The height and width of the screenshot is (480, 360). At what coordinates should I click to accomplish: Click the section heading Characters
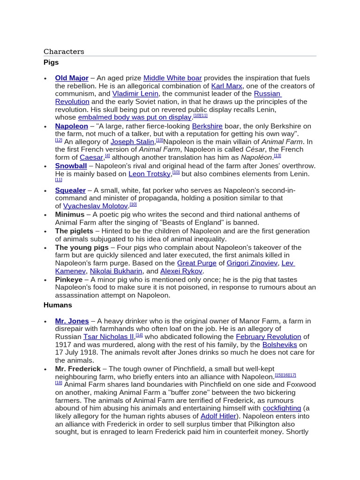pos(64,52)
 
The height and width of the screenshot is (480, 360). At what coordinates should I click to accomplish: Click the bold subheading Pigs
pos(51,62)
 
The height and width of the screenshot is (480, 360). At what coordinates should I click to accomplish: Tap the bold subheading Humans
pos(58,305)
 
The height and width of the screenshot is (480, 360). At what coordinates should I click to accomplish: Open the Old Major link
pos(72,78)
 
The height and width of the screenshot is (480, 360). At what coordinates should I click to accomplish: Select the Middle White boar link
pos(172,78)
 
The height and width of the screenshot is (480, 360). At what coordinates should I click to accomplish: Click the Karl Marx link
pos(227,86)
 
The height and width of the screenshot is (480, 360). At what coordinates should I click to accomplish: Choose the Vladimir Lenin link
pos(135,94)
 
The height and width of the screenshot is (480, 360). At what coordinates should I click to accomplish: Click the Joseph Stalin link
pos(132,142)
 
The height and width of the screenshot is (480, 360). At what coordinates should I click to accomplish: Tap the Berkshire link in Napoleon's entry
pos(207,126)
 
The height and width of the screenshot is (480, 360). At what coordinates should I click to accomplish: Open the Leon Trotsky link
pos(150,174)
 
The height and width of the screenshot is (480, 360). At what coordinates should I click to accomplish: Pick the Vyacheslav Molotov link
pos(96,206)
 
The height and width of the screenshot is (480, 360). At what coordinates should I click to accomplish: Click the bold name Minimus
pos(70,215)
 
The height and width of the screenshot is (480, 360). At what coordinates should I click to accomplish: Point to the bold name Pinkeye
pos(69,280)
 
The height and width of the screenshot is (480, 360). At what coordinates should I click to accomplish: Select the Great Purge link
pos(196,263)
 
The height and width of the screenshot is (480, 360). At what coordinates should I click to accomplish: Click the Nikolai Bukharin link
pos(116,271)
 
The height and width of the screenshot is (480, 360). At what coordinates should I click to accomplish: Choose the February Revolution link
pos(268,337)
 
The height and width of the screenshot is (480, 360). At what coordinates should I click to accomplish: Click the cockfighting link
pos(282,408)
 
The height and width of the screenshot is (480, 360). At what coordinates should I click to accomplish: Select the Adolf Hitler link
pos(218,416)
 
